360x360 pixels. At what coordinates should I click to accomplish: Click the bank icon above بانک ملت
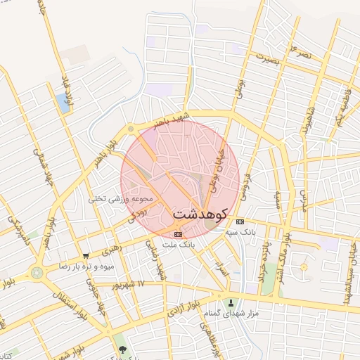pyautogui.click(x=178, y=234)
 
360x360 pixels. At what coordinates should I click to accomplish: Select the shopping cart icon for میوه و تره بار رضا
pyautogui.click(x=86, y=256)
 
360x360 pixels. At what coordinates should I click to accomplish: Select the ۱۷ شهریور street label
pyautogui.click(x=131, y=285)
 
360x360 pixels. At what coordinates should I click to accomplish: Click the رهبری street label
pyautogui.click(x=112, y=247)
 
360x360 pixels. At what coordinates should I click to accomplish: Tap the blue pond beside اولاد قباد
pyautogui.click(x=63, y=104)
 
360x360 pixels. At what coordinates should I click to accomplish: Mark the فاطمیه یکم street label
pyautogui.click(x=340, y=105)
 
